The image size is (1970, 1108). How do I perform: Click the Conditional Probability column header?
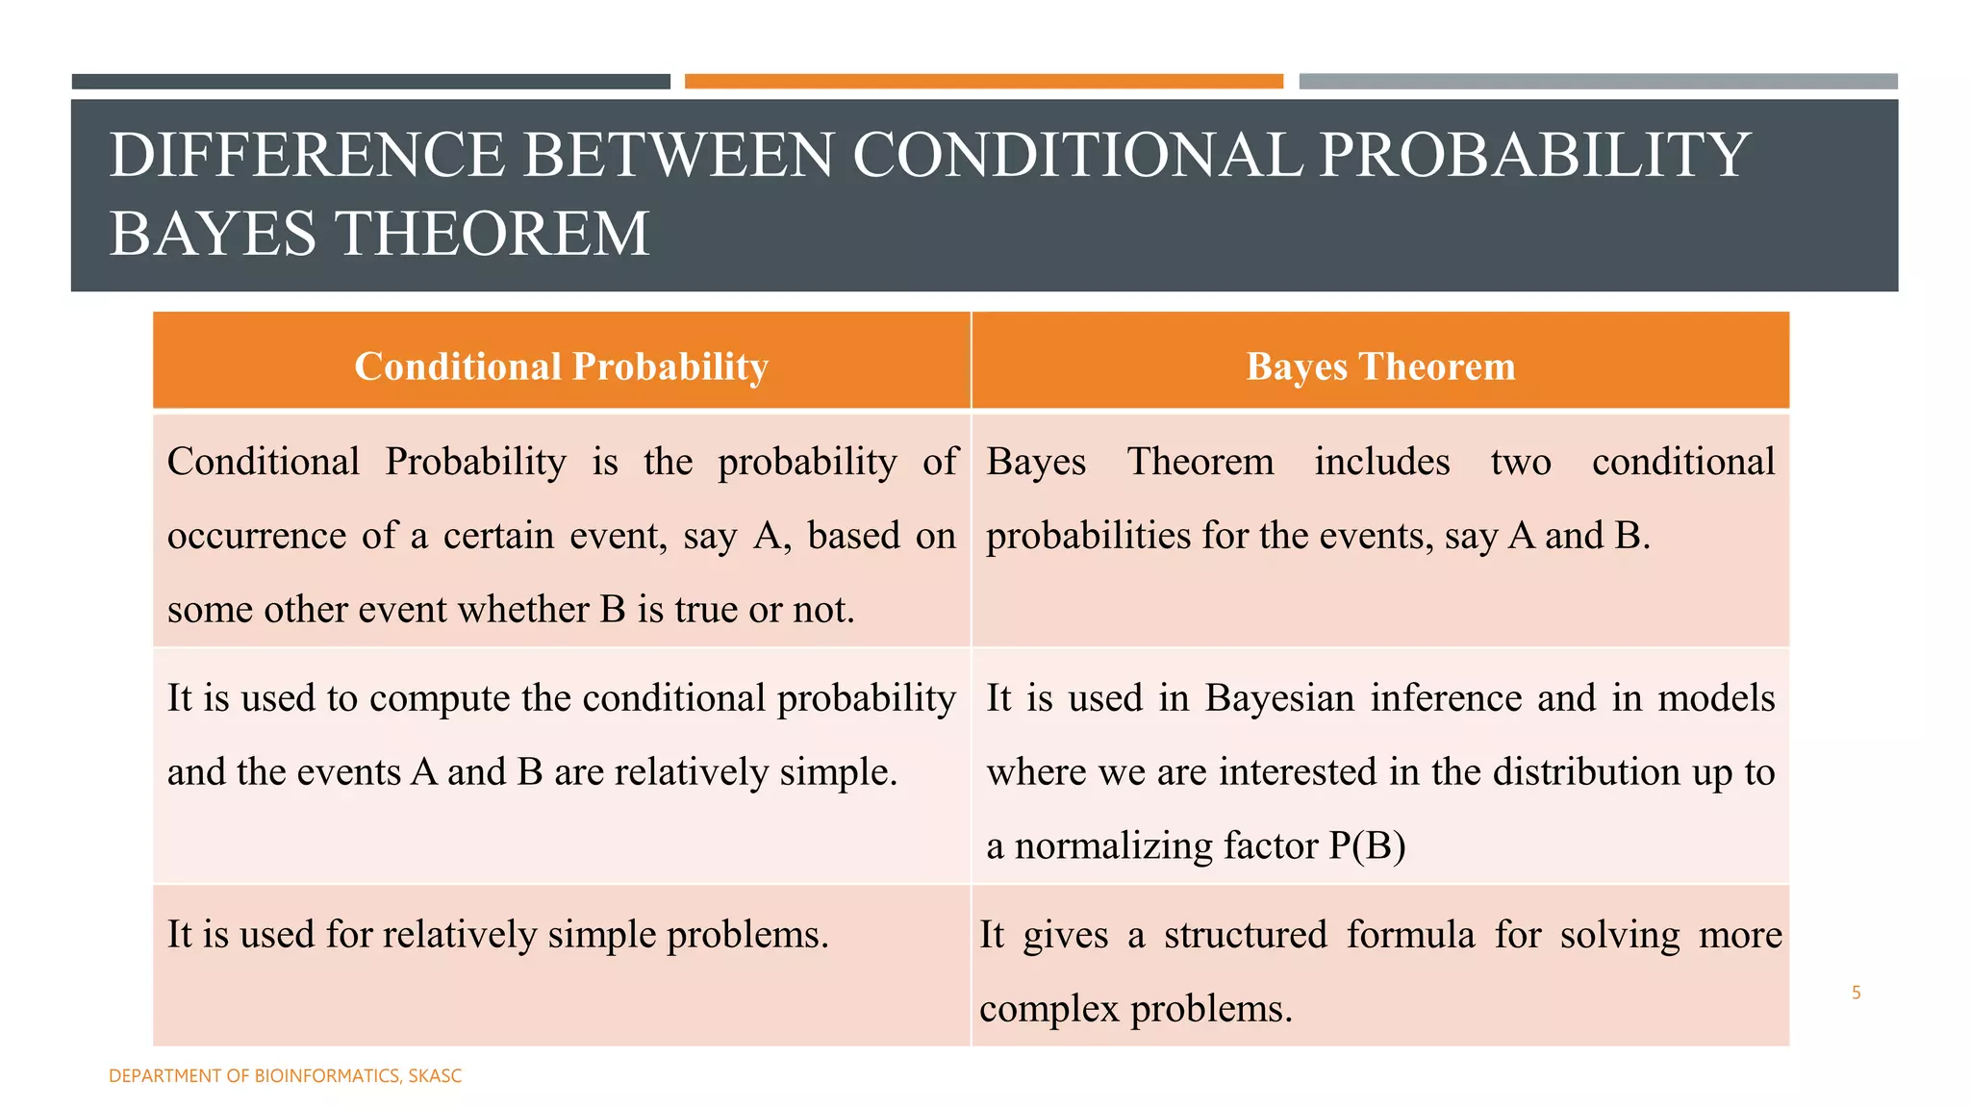pos(561,366)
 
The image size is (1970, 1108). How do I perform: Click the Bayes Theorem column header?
pos(1380,366)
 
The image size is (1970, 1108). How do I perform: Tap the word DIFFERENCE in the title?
pos(307,155)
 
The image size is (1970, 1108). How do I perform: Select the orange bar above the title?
pos(983,82)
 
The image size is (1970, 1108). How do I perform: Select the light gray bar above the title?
pos(1598,82)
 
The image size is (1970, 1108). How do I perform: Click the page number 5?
pos(1856,993)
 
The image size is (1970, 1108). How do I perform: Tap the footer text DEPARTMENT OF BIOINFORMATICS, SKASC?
pos(285,1076)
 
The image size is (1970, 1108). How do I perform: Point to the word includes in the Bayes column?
pos(1381,462)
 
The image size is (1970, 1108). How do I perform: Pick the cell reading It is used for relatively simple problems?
pos(497,935)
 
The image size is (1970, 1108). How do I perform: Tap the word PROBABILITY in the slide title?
pos(1534,155)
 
